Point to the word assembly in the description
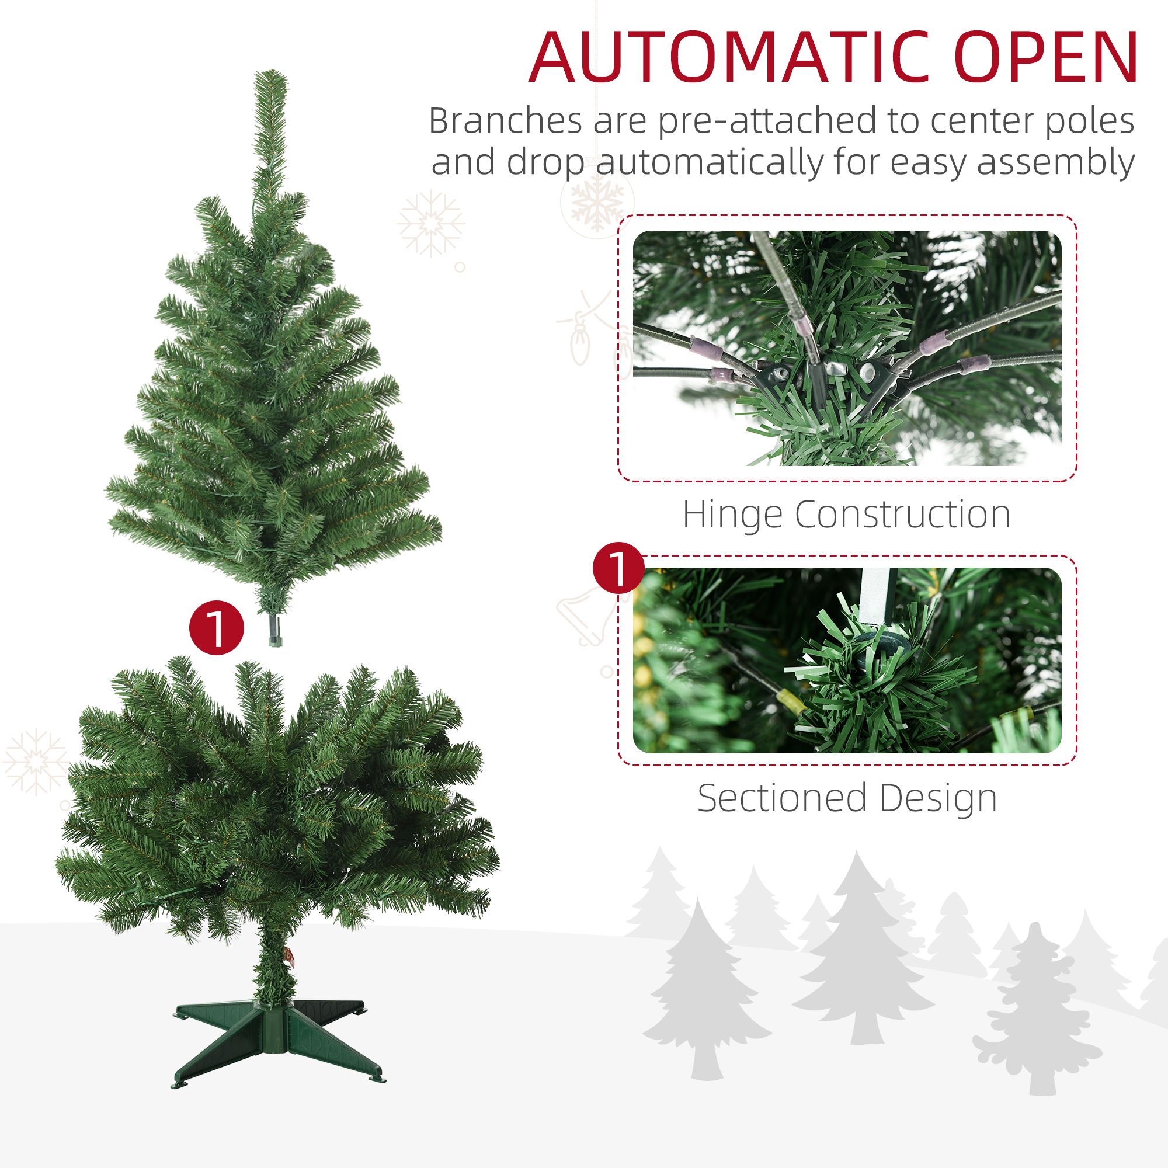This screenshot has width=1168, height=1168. pos(1055,164)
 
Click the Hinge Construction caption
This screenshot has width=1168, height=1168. pos(846,515)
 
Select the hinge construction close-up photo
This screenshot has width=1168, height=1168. pos(847,348)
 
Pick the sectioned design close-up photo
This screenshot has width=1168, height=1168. pos(847,660)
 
